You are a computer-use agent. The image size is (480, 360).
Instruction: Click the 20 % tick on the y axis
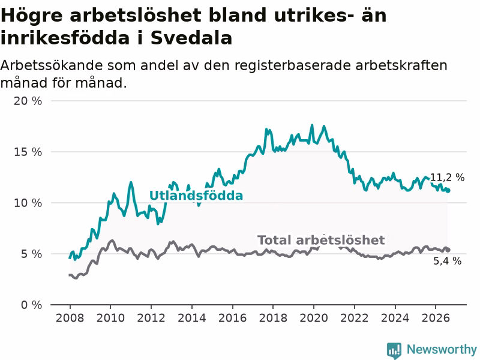(x=28, y=101)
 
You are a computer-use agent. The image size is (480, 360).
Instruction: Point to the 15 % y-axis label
(x=28, y=152)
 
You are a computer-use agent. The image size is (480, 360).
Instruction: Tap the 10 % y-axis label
(x=28, y=203)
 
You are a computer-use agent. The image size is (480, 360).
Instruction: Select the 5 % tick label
(x=31, y=254)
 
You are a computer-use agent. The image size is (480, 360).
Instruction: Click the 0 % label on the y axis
(x=31, y=305)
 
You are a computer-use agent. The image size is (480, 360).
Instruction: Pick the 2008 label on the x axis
(x=70, y=318)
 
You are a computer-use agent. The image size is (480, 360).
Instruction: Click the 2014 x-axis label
(x=191, y=318)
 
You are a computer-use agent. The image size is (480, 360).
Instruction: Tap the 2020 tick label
(x=313, y=318)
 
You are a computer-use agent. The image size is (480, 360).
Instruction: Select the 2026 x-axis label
(x=436, y=318)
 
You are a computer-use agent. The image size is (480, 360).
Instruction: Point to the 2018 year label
(x=273, y=318)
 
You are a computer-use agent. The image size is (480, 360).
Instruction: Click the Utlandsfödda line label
(x=196, y=196)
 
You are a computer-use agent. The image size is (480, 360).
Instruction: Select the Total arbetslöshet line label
(x=321, y=241)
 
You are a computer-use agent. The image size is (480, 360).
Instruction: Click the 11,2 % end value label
(x=447, y=177)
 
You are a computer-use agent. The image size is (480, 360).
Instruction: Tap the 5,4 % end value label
(x=447, y=261)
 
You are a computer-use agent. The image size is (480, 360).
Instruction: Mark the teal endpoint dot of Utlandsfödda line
(x=448, y=191)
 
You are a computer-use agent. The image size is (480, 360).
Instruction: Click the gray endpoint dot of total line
(x=448, y=250)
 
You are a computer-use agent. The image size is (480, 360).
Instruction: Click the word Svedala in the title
(x=191, y=38)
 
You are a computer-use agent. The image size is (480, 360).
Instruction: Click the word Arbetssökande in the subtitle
(x=52, y=65)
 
